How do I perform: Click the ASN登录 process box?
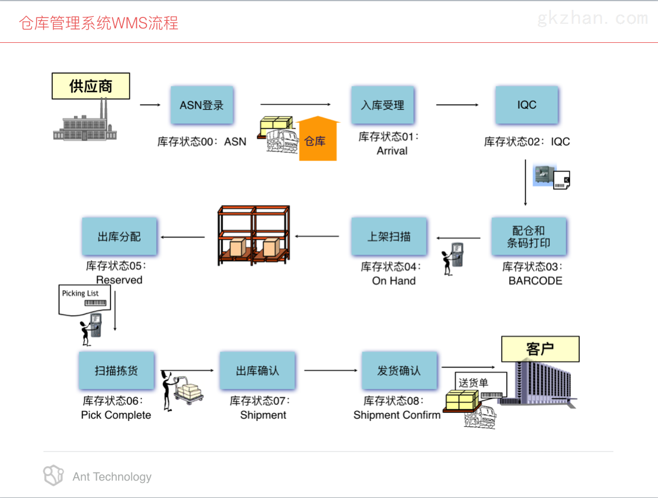click(x=202, y=105)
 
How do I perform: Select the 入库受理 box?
click(x=382, y=105)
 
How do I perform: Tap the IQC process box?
click(x=527, y=105)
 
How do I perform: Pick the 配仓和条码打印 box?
click(x=528, y=237)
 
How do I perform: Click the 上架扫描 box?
click(x=389, y=236)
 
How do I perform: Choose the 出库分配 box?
click(x=119, y=236)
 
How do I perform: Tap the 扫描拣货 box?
click(x=116, y=371)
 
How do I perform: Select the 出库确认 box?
click(x=257, y=371)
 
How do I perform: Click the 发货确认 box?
click(x=399, y=371)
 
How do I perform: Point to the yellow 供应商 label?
click(x=91, y=86)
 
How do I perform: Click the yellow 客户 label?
click(x=540, y=349)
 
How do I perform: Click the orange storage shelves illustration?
click(x=253, y=235)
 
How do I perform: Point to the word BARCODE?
click(x=535, y=281)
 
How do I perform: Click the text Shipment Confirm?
click(x=397, y=415)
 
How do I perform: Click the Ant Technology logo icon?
click(x=53, y=475)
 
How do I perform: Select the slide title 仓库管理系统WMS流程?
click(x=98, y=23)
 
